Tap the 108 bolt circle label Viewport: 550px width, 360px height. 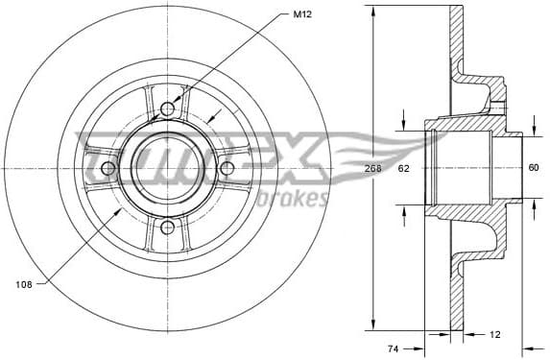coord(26,283)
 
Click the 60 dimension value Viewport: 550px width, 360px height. coord(534,168)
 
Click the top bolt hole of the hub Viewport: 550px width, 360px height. coord(168,108)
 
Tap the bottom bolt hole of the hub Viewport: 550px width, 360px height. coord(168,228)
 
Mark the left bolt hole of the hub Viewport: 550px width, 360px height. coord(108,168)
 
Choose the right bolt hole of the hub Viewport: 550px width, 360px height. coord(227,168)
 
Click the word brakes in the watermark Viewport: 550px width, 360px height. coord(294,199)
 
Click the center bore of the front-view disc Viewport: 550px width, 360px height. coord(168,168)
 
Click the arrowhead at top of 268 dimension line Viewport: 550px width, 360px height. coord(373,12)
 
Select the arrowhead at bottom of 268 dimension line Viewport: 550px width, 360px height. coord(373,323)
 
